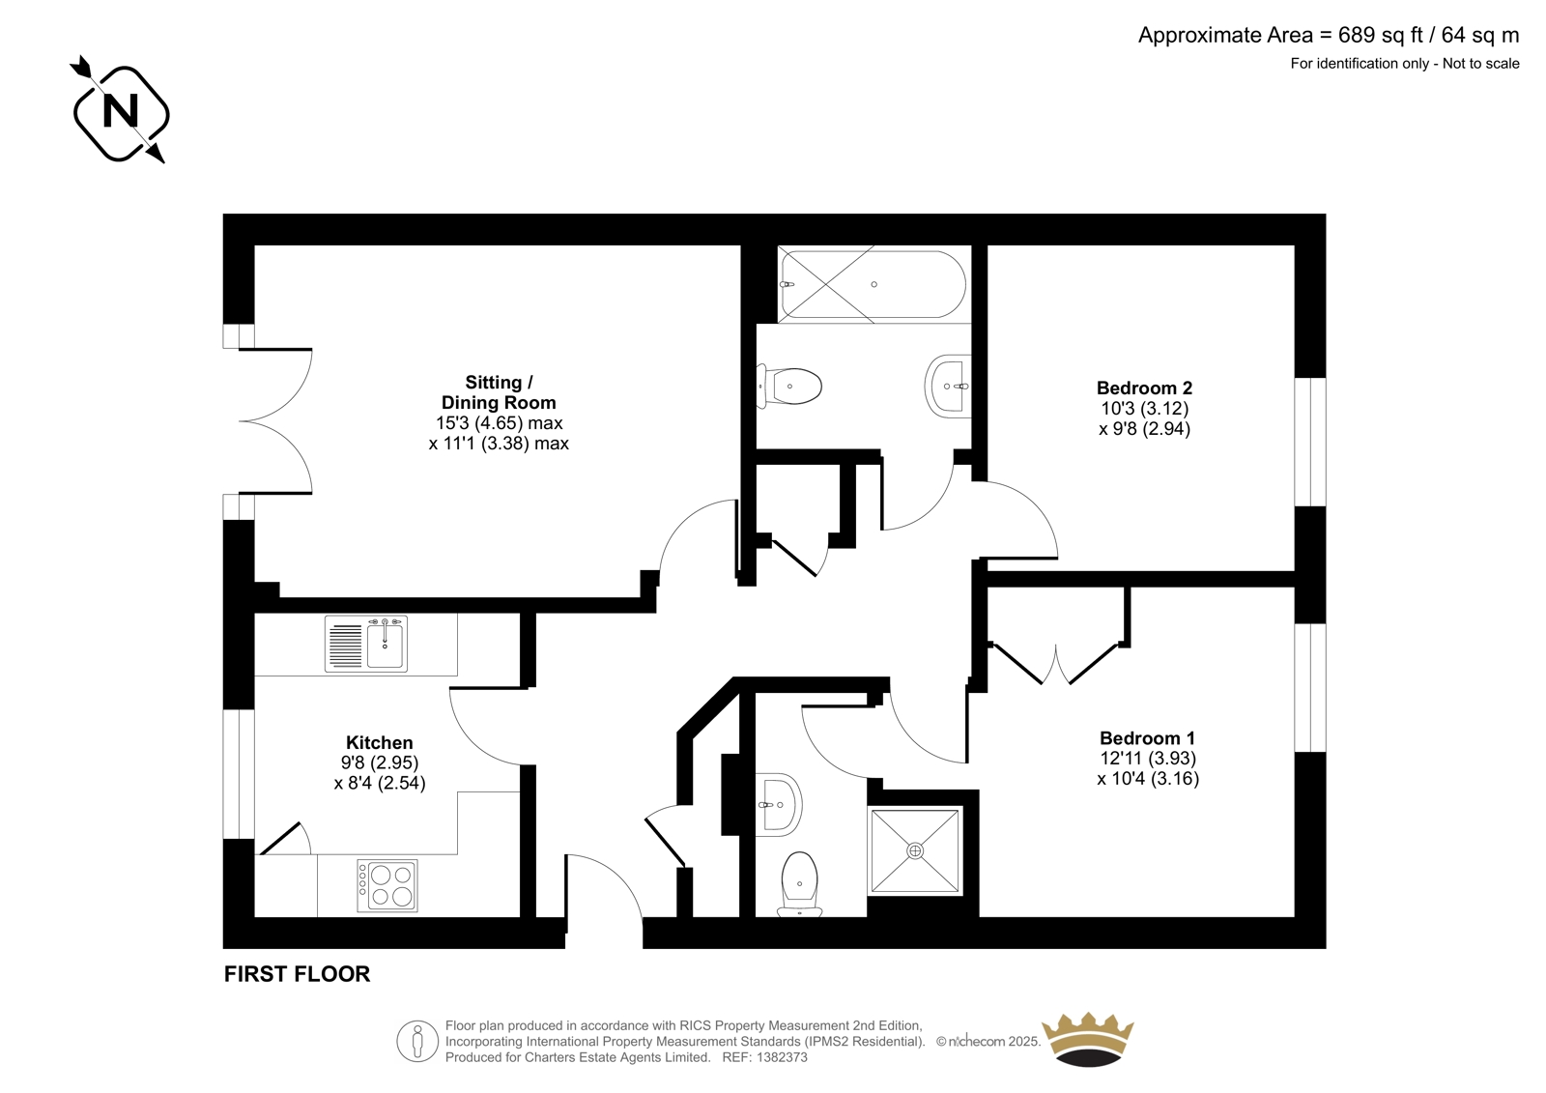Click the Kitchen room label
click(x=380, y=742)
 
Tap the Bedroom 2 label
click(x=1144, y=388)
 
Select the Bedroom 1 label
click(x=1148, y=738)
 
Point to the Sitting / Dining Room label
click(x=499, y=392)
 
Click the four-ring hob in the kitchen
click(x=387, y=885)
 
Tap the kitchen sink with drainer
click(x=366, y=644)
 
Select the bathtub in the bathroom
click(x=873, y=284)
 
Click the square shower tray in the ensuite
click(x=915, y=850)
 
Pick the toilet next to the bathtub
click(x=789, y=387)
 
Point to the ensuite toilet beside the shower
click(x=799, y=884)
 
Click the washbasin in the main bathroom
click(x=948, y=386)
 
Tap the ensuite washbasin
click(x=779, y=804)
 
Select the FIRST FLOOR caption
click(x=297, y=974)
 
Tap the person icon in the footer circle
click(x=416, y=1041)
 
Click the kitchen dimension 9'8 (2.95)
click(x=380, y=762)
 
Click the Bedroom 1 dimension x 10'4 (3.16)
click(x=1148, y=779)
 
